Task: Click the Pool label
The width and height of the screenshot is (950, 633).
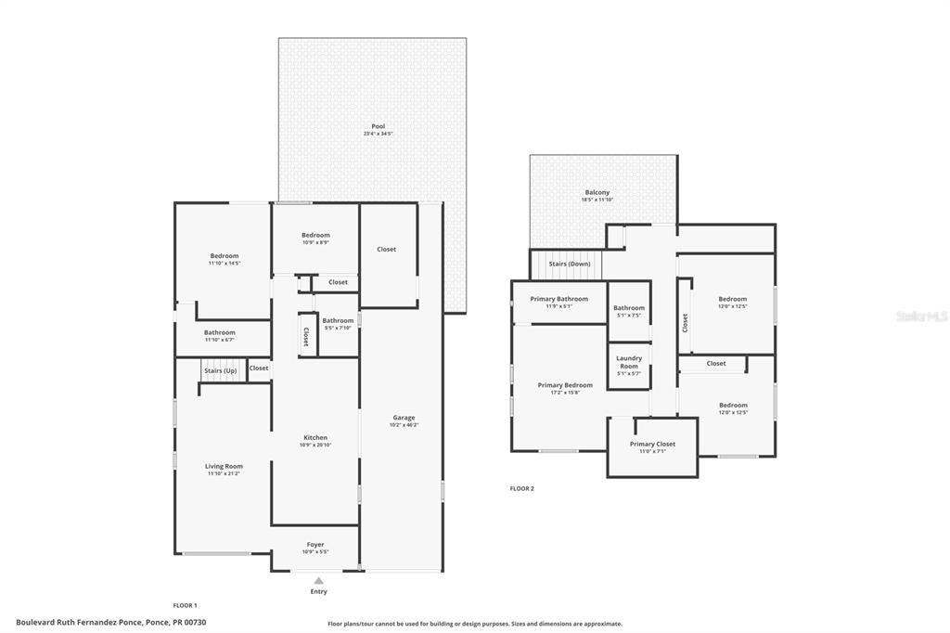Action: click(x=378, y=126)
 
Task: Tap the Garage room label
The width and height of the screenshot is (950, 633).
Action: click(x=404, y=418)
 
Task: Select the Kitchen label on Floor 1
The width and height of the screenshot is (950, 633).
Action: click(x=315, y=438)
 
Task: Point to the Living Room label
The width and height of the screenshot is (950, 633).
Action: click(x=224, y=467)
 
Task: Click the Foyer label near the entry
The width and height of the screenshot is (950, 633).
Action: click(x=315, y=545)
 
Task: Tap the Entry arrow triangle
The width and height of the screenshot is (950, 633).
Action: click(x=318, y=581)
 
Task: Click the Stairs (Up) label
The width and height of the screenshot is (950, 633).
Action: click(x=220, y=371)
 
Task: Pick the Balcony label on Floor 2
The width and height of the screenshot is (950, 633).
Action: click(x=597, y=192)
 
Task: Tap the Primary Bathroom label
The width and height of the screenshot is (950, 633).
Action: click(x=558, y=299)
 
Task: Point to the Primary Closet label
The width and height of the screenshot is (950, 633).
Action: click(x=653, y=444)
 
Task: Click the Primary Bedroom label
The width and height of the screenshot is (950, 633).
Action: click(x=565, y=385)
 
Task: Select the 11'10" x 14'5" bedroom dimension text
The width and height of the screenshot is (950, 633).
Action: click(x=224, y=264)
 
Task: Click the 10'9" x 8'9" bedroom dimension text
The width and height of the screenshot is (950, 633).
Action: click(x=315, y=243)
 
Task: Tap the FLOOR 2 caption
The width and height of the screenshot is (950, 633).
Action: click(x=522, y=488)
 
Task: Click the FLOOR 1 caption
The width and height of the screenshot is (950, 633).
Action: click(x=186, y=605)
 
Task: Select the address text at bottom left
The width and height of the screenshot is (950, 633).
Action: click(x=111, y=622)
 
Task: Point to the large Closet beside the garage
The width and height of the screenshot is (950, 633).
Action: click(x=386, y=249)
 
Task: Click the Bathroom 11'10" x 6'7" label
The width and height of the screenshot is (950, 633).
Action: click(x=220, y=332)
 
